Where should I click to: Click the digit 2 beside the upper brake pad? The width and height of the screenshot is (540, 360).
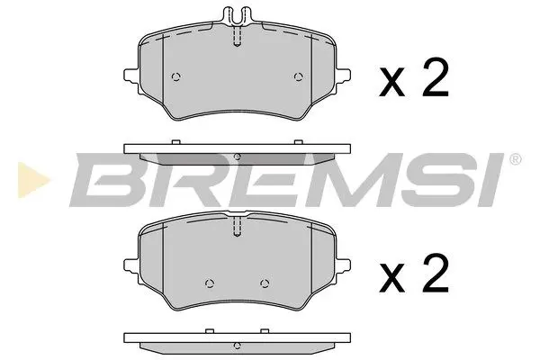(435, 82)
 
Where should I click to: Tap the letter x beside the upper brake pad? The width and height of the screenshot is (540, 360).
(394, 86)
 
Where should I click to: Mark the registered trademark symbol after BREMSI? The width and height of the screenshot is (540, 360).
(514, 160)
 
